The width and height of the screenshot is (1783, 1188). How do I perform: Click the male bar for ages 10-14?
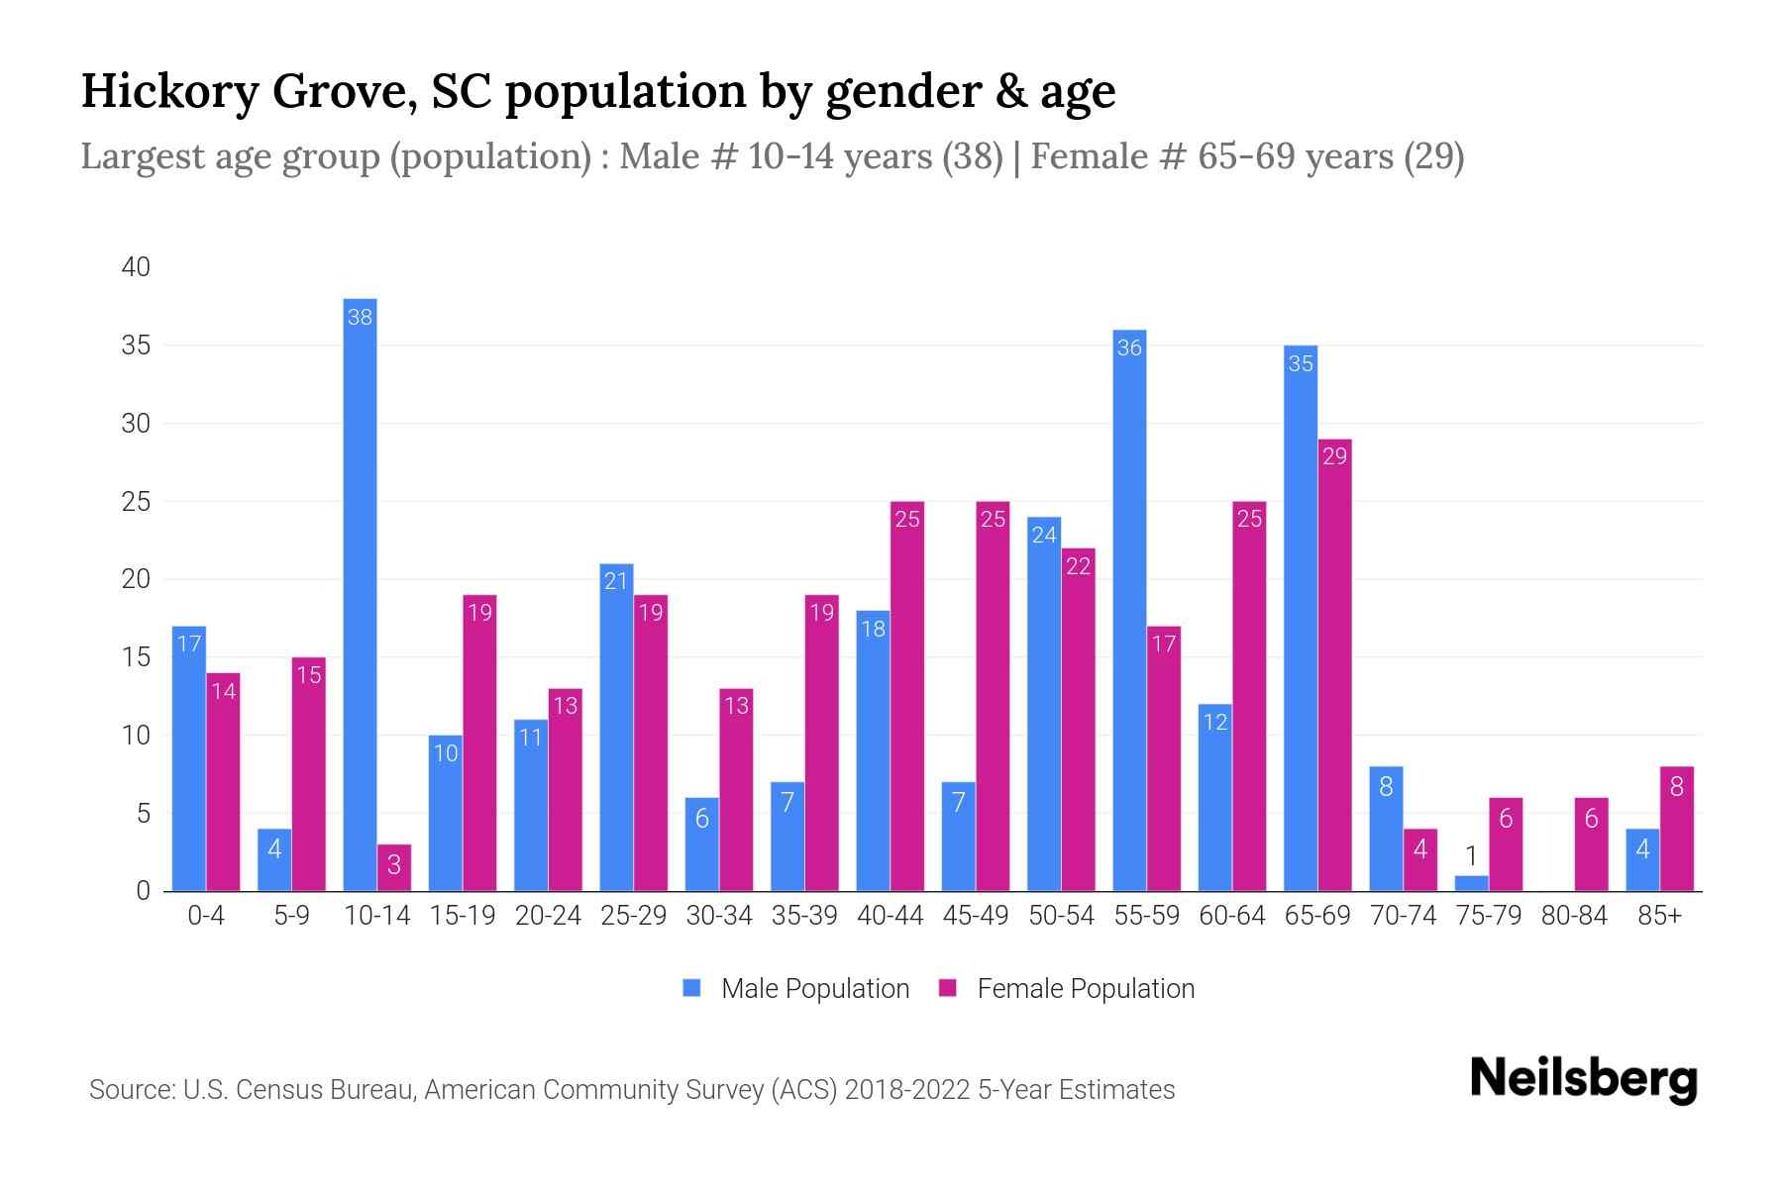tap(360, 594)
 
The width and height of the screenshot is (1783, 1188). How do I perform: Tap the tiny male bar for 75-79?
tap(1471, 883)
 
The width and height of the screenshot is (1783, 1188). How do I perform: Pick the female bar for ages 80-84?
tap(1591, 844)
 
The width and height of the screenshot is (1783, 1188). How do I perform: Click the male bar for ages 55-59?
tap(1129, 610)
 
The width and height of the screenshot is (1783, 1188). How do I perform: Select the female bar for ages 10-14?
tap(394, 867)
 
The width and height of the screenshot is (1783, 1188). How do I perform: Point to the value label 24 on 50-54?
tap(1044, 536)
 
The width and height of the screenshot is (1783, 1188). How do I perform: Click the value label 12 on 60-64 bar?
tap(1214, 722)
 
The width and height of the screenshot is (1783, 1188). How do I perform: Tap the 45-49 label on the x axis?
tap(976, 916)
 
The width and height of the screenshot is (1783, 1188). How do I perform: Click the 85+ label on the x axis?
tap(1659, 916)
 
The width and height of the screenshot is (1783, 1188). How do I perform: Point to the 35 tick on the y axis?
tap(136, 346)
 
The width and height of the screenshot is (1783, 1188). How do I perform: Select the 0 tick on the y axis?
tap(144, 891)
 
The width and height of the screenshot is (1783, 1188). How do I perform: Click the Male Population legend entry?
tap(814, 989)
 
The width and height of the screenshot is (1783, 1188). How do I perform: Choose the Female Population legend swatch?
tap(948, 988)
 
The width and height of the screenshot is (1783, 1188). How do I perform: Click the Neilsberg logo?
tap(1583, 1079)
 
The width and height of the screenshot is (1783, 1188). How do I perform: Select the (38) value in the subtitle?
tap(973, 156)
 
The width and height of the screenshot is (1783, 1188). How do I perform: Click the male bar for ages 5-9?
tap(274, 859)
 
